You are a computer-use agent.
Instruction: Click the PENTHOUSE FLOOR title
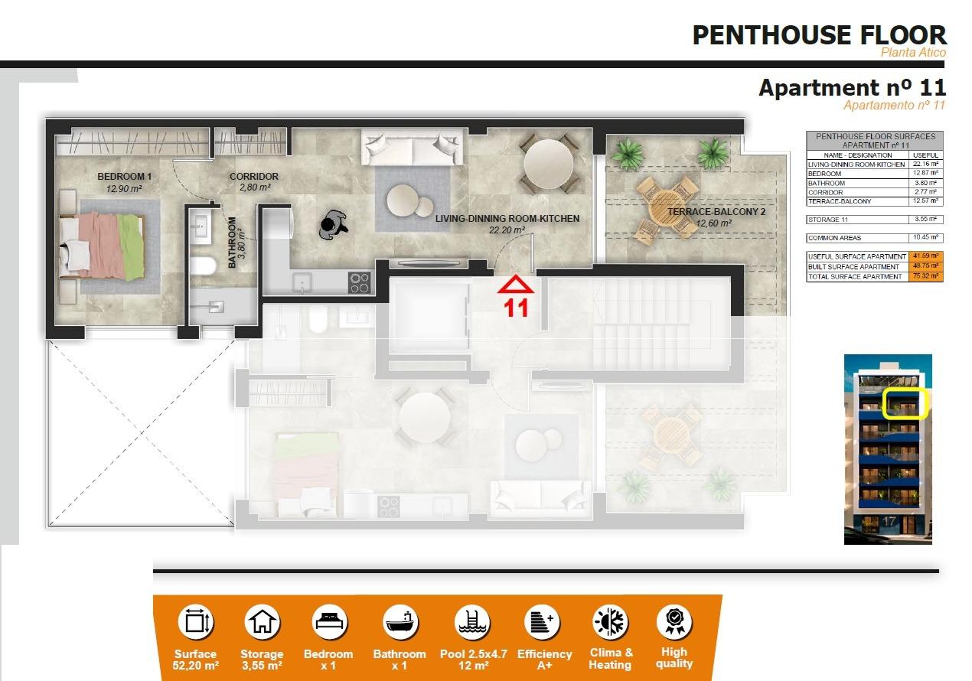(819, 34)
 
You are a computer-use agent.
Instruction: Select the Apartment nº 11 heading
(852, 88)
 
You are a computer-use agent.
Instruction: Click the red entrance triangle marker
(517, 285)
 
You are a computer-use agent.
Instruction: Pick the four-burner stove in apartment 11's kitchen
(360, 282)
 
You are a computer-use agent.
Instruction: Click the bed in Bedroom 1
(103, 242)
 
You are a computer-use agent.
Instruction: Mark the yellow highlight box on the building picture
(905, 404)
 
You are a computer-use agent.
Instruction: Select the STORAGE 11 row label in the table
(828, 220)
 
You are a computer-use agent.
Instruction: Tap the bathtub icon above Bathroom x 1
(402, 621)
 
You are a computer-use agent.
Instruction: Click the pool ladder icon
(471, 621)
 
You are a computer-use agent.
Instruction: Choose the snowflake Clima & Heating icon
(610, 621)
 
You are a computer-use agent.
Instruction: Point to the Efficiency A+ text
(544, 660)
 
